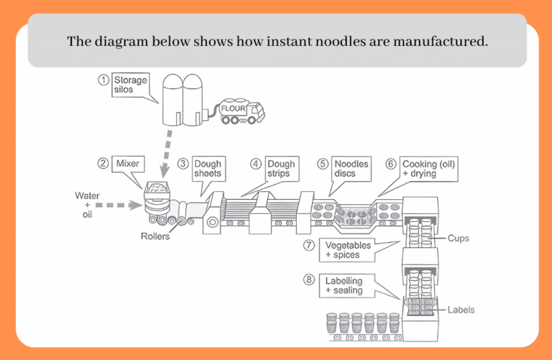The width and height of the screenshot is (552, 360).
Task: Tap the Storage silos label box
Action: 130,85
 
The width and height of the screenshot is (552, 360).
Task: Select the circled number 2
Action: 103,164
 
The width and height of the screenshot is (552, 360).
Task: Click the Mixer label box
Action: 127,164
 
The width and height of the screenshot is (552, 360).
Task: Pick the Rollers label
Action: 155,236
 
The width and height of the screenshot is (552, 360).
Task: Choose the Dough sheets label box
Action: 208,169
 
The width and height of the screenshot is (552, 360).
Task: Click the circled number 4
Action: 255,164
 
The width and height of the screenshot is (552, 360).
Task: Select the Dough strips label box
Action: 280,169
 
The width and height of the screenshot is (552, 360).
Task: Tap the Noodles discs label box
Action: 351,169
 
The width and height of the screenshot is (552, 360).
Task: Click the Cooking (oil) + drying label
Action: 428,169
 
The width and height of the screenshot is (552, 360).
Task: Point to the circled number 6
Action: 390,164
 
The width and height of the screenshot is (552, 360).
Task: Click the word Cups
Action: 459,237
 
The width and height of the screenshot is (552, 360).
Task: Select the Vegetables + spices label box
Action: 349,250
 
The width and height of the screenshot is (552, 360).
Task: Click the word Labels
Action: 461,310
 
